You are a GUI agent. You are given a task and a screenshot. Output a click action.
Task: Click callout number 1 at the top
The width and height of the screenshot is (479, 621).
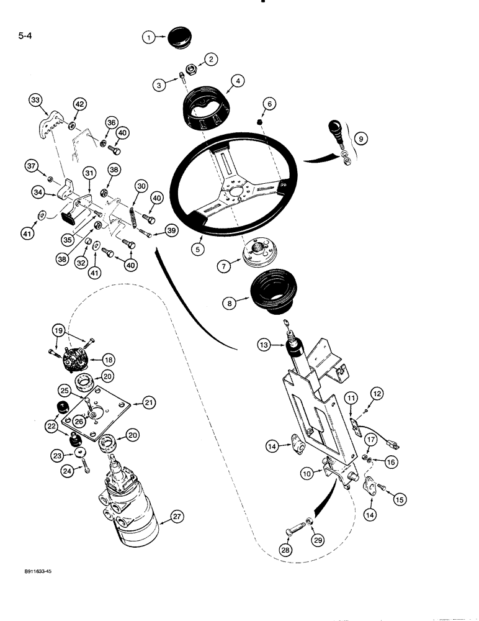point(149,38)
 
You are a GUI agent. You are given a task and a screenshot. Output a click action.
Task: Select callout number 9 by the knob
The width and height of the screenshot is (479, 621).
point(361,140)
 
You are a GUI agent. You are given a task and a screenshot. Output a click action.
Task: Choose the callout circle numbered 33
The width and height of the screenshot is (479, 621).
point(37,100)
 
